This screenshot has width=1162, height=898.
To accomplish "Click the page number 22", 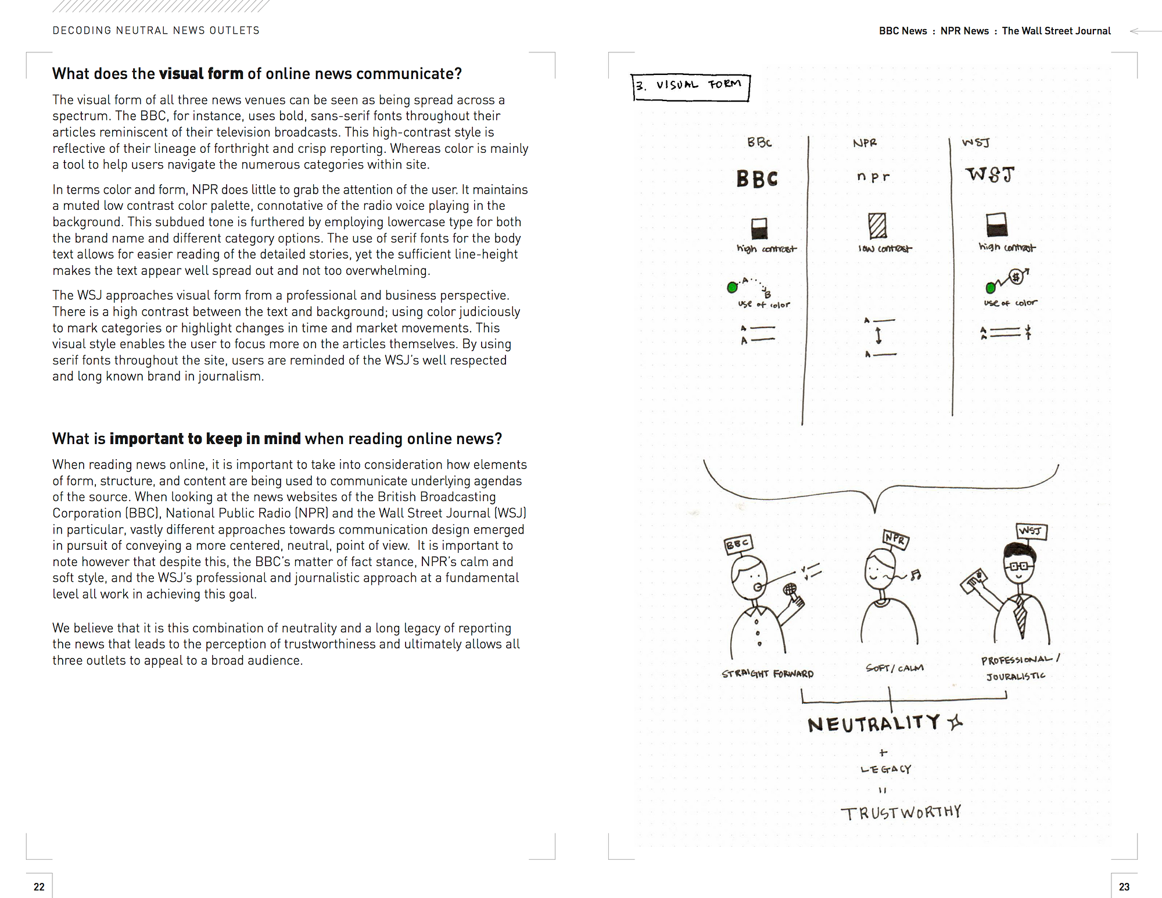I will (x=39, y=886).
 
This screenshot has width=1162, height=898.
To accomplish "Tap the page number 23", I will (x=1124, y=886).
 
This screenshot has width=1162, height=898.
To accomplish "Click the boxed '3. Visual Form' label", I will (x=690, y=87).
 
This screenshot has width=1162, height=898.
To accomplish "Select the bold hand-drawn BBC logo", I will (x=756, y=178).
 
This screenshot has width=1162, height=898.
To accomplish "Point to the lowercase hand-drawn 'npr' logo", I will (x=873, y=176).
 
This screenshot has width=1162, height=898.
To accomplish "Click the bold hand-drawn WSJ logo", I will (x=990, y=174).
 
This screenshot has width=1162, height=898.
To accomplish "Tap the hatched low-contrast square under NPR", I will (x=877, y=226).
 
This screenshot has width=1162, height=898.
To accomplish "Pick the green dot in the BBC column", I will (x=733, y=287).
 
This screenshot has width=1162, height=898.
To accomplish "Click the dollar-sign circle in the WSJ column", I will (x=1016, y=277).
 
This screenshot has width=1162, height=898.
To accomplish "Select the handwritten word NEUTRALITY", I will (x=874, y=724).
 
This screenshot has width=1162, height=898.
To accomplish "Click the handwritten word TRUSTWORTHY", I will (x=901, y=812).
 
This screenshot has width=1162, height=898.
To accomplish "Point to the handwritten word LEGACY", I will (x=886, y=769).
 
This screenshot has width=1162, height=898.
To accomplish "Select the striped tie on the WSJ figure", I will (x=1020, y=618).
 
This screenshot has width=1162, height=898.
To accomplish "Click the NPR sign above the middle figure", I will (x=895, y=539).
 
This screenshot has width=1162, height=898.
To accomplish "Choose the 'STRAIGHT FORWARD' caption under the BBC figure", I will (x=768, y=674).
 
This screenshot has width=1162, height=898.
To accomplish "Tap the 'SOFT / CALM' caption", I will (x=894, y=668).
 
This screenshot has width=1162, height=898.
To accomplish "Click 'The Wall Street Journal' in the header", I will (x=1056, y=31).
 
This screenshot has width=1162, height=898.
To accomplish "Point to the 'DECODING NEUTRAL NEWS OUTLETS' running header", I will (x=156, y=30).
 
